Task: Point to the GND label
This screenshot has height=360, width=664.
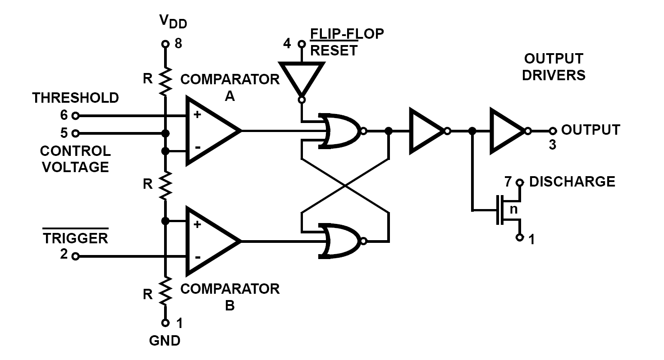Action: [165, 341]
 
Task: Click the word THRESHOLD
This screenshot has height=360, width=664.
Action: [76, 97]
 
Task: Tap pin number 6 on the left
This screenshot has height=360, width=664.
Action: [64, 115]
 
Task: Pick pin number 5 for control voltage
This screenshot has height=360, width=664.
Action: [64, 133]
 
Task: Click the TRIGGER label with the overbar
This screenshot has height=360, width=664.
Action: [76, 238]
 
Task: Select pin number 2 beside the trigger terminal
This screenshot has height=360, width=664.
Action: [64, 255]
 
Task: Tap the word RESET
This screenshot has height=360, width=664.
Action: [334, 50]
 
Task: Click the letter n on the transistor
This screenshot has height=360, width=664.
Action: [513, 210]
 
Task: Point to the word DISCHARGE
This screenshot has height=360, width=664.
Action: [572, 182]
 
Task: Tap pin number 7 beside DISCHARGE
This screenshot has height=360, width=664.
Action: [508, 182]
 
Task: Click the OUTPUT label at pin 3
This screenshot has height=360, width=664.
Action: [591, 130]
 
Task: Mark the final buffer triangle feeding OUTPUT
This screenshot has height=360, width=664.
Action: [506, 131]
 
